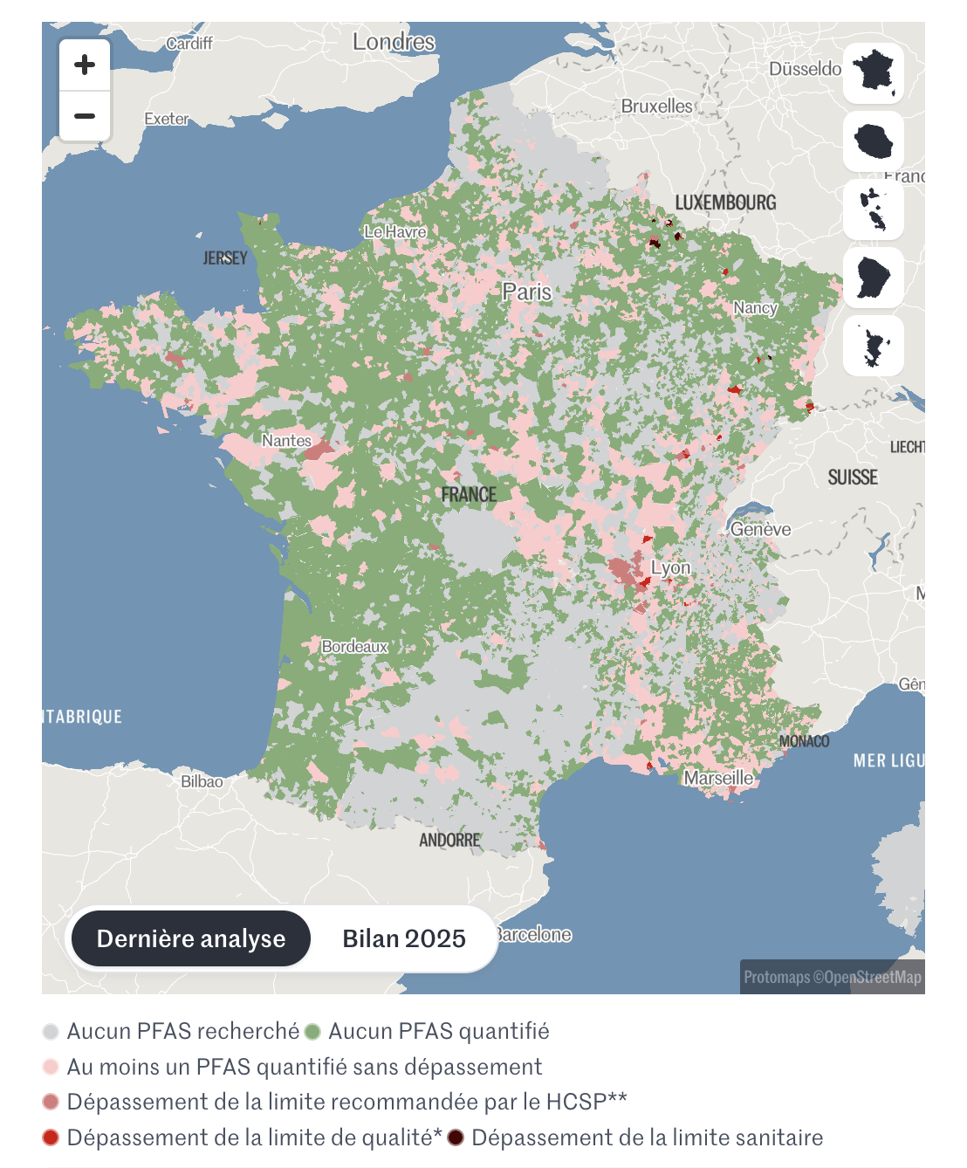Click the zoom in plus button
coord(85,65)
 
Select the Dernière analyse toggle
coord(191,938)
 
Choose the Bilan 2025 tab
coord(403,938)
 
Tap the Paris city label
coord(526,292)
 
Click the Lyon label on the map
coord(670,567)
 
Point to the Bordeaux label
coord(354,647)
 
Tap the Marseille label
coord(718,778)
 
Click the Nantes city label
coord(286,441)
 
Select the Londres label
coord(394,41)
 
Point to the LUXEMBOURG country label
coord(725,203)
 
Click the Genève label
coord(760,529)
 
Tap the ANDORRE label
coord(449,840)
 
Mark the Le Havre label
coord(394,231)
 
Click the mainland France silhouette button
coord(874,72)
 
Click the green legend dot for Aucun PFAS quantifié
coord(313,1032)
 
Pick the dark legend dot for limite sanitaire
coord(456,1137)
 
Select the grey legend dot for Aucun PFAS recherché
coord(51,1032)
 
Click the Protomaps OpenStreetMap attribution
coord(832,977)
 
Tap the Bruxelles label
coord(656,106)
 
